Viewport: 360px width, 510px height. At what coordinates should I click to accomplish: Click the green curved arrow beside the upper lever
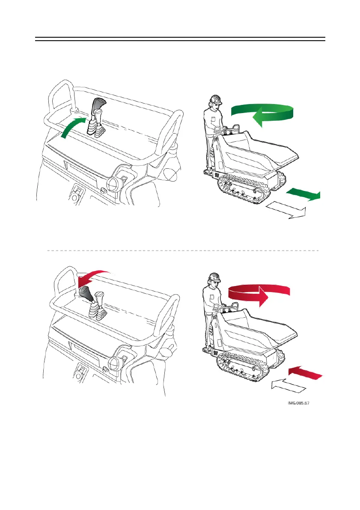point(71,127)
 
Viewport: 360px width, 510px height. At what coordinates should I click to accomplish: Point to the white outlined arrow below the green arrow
point(286,211)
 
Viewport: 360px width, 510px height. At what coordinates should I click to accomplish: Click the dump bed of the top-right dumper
point(261,152)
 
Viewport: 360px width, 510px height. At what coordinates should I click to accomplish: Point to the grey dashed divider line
point(182,251)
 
